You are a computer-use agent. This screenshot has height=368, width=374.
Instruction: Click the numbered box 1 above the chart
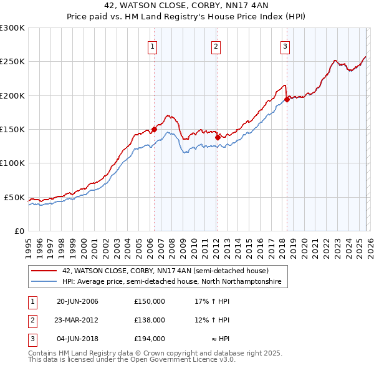pyautogui.click(x=153, y=46)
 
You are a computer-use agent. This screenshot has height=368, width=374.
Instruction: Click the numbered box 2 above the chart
pyautogui.click(x=216, y=46)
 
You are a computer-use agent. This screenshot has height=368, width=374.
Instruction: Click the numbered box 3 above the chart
pyautogui.click(x=285, y=46)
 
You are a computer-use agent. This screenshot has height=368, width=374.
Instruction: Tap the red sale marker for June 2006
pyautogui.click(x=154, y=129)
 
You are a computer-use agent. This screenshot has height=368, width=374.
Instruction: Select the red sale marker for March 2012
pyautogui.click(x=218, y=137)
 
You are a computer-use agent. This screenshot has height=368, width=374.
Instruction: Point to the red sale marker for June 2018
pyautogui.click(x=287, y=99)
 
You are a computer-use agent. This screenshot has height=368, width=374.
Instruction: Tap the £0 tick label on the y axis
pyautogui.click(x=19, y=231)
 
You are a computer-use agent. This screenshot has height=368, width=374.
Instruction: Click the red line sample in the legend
pyautogui.click(x=44, y=271)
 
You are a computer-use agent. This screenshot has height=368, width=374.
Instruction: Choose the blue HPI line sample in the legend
pyautogui.click(x=44, y=282)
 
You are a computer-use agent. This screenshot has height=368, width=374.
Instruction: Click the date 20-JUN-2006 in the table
pyautogui.click(x=77, y=301)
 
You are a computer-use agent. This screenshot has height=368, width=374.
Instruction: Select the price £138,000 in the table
pyautogui.click(x=149, y=320)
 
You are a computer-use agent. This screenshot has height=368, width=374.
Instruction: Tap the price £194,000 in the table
pyautogui.click(x=149, y=339)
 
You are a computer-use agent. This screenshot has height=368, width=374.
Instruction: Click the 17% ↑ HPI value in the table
pyautogui.click(x=212, y=301)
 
